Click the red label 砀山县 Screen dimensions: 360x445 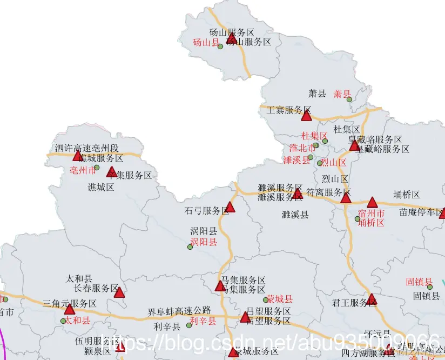(205, 42)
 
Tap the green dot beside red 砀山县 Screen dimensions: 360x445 (220, 46)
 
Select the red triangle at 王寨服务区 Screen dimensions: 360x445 (306, 116)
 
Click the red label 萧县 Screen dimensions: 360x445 (342, 94)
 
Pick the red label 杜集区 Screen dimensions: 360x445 (314, 136)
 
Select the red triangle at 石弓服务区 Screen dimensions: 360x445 (230, 207)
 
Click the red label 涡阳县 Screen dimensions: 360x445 (204, 242)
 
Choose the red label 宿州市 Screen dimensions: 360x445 (372, 214)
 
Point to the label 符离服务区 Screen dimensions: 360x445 (328, 192)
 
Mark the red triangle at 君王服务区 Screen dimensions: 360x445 (371, 299)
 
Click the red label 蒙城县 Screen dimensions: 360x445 (280, 299)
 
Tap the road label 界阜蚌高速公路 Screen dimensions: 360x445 (179, 311)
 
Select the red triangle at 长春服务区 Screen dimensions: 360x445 (119, 292)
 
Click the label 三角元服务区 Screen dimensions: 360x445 (69, 303)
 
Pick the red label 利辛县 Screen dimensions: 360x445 (203, 322)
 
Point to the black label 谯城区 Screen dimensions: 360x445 (101, 187)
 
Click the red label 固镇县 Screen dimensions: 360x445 (419, 282)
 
